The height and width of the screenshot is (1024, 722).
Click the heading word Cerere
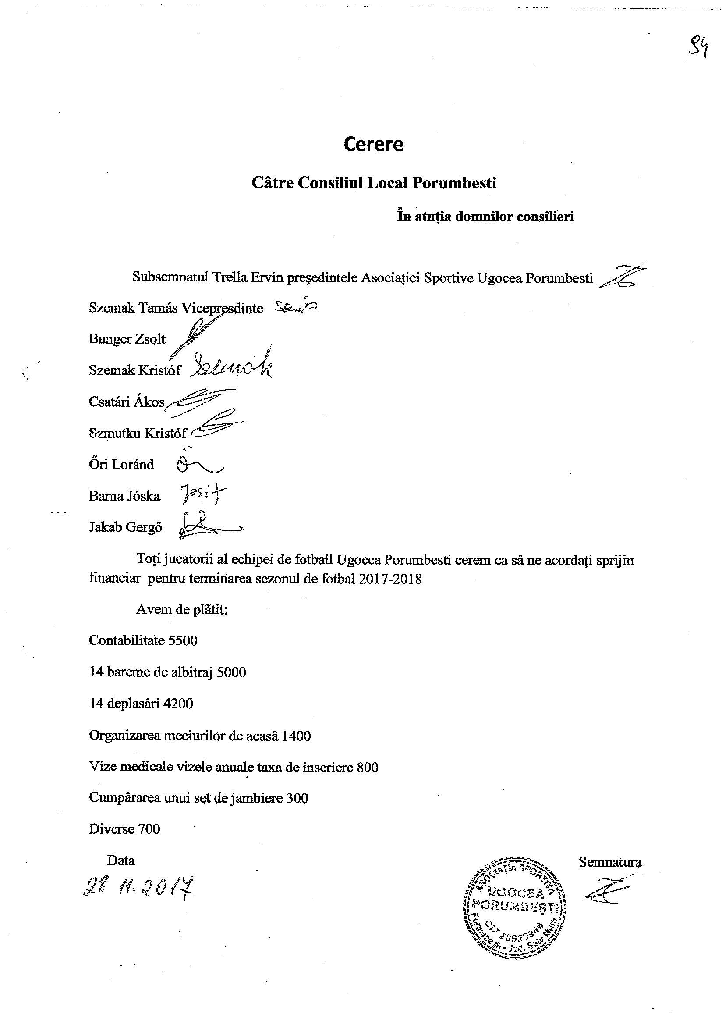373,144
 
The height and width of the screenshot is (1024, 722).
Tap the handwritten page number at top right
698,47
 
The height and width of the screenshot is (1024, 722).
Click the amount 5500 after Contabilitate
182,640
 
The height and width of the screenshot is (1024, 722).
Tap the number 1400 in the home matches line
296,735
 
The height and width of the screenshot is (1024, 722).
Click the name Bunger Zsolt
127,339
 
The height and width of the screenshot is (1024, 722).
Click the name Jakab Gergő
125,527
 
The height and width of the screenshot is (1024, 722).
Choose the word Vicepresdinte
222,308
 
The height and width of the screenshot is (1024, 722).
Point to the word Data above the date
121,860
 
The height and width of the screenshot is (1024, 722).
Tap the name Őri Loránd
121,464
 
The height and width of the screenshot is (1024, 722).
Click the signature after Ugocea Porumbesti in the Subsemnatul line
622,278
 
